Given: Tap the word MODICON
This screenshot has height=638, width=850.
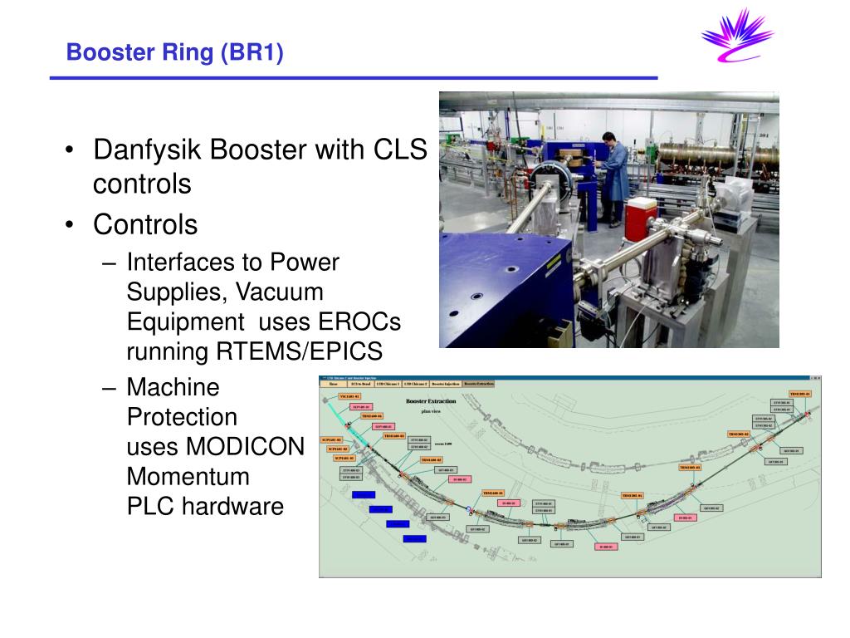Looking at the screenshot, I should tap(216, 446).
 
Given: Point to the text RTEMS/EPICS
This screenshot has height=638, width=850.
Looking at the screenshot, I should tap(300, 351).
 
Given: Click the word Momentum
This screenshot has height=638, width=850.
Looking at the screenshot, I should tap(188, 477).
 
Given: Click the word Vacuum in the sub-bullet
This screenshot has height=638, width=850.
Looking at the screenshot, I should tap(279, 292).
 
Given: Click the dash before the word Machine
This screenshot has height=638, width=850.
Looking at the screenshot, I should tap(111, 387).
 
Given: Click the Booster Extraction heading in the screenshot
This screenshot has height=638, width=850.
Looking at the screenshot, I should tap(430, 400).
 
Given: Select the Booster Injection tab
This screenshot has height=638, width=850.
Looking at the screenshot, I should tap(445, 384).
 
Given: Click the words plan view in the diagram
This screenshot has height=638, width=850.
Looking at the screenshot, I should tap(430, 410).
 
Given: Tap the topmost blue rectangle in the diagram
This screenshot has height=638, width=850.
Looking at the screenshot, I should tap(364, 494).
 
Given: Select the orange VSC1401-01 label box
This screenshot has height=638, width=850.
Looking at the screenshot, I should tap(350, 396).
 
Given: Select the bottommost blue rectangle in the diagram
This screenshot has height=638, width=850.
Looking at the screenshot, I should tap(414, 539).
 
